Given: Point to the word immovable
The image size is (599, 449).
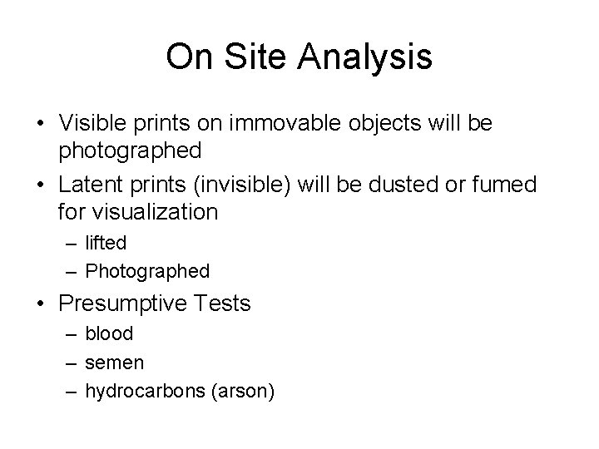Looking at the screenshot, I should (277, 124).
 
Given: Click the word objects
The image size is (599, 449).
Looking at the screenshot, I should (376, 124).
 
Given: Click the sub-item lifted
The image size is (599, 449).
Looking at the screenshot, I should (106, 244).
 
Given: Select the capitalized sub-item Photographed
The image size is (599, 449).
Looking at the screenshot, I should (148, 271).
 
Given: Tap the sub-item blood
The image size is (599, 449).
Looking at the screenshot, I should (109, 335).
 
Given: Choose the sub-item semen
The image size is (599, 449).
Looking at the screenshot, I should (115, 363).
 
